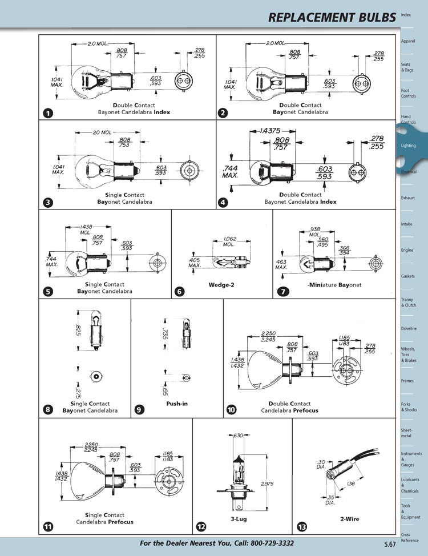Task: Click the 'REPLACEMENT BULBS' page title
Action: pyautogui.click(x=332, y=18)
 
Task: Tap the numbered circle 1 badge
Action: pyautogui.click(x=49, y=113)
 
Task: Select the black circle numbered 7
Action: pyautogui.click(x=282, y=291)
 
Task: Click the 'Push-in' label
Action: pyautogui.click(x=177, y=404)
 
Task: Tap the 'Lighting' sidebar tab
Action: pyautogui.click(x=409, y=146)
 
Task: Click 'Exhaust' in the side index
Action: pyautogui.click(x=408, y=198)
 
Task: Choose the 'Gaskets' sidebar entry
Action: pyautogui.click(x=409, y=276)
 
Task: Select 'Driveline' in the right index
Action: pyautogui.click(x=409, y=329)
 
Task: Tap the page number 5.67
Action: pyautogui.click(x=390, y=543)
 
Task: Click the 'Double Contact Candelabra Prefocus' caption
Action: pyautogui.click(x=289, y=407)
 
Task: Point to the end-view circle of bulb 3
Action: pyautogui.click(x=189, y=171)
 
